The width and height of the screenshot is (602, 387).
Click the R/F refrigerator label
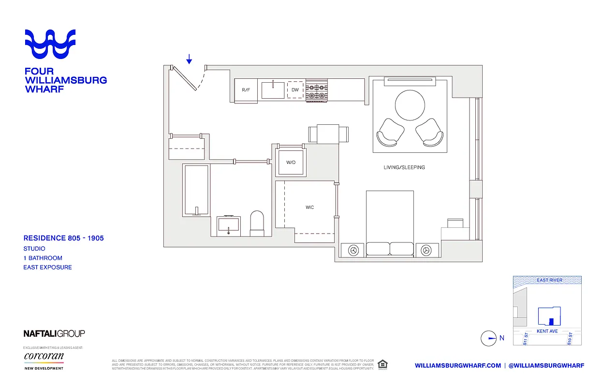(x=246, y=90)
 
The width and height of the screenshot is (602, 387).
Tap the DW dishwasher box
(x=295, y=90)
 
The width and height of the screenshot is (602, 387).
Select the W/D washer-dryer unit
(x=291, y=162)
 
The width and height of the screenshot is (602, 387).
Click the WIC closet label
(x=309, y=208)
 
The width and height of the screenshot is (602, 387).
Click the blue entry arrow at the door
(x=189, y=59)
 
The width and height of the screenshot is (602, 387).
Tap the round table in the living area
(x=410, y=105)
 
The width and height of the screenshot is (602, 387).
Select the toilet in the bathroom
(x=257, y=223)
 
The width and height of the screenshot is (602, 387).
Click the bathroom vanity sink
(x=229, y=225)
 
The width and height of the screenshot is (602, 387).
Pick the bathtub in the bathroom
(x=196, y=190)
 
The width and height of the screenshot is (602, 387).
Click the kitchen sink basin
(x=273, y=90)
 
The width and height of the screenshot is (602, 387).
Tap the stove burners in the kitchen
(x=317, y=90)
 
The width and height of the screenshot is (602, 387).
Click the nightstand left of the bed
(x=353, y=250)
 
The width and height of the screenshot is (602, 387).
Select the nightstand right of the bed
(x=426, y=250)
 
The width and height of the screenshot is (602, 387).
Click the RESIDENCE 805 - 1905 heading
(x=63, y=238)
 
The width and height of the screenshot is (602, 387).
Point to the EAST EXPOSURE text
(x=47, y=267)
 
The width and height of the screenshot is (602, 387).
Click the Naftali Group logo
(x=54, y=333)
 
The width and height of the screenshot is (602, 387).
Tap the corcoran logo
(x=44, y=357)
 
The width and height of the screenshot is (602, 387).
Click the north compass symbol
(x=489, y=338)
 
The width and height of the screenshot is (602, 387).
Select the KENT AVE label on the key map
(x=547, y=331)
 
